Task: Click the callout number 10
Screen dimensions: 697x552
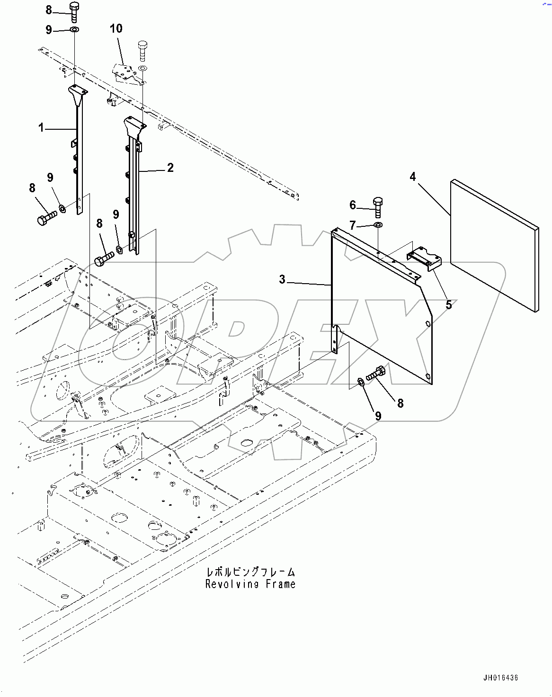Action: (x=116, y=28)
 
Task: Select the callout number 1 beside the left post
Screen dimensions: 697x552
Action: (x=41, y=127)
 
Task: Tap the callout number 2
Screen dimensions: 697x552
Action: (x=170, y=168)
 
